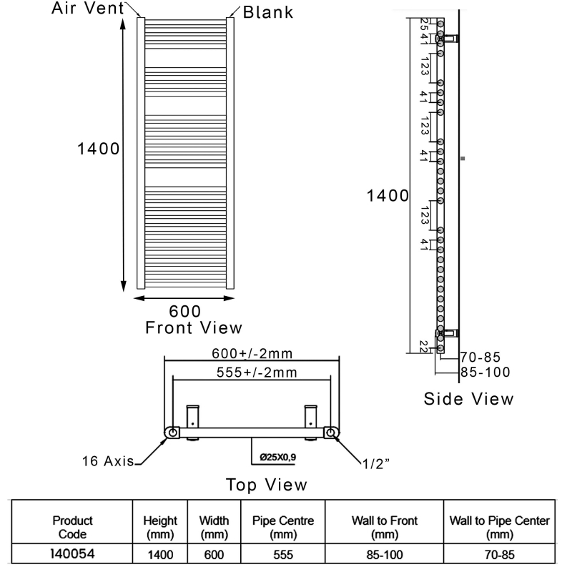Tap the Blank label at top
(x=267, y=13)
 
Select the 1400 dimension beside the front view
(x=99, y=149)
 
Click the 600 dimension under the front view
(x=184, y=311)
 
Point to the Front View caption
(x=193, y=328)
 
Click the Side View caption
(x=468, y=398)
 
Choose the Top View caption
(x=267, y=485)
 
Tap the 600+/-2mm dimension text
(x=252, y=354)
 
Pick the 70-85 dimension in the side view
(x=480, y=357)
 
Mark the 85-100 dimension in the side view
(x=485, y=372)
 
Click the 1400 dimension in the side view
(x=388, y=195)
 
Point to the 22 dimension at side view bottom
(x=424, y=346)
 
